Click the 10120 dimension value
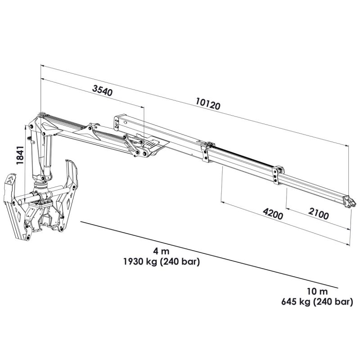(208, 103)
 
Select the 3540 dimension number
(103, 90)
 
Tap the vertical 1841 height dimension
(20, 155)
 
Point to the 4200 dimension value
(273, 213)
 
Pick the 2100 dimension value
(318, 213)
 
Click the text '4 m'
(162, 252)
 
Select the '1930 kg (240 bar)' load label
(162, 261)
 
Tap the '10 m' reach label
(317, 292)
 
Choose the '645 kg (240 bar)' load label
(317, 301)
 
